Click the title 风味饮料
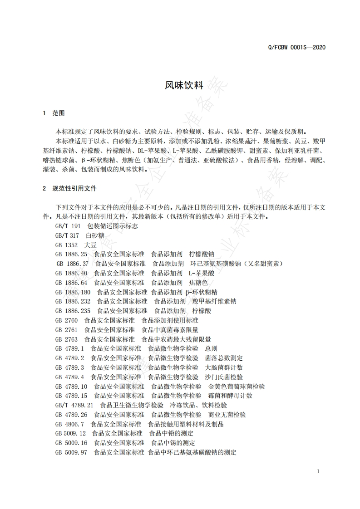coord(180,85)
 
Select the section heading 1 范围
coord(54,113)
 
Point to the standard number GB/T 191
coord(68,225)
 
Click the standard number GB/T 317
coord(67,235)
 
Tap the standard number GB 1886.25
coord(71,254)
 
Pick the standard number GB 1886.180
coord(73,292)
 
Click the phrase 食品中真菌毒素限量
coord(170,330)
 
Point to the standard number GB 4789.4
coord(69,377)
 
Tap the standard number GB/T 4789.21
coord(74,405)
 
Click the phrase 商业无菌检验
coord(227,415)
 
